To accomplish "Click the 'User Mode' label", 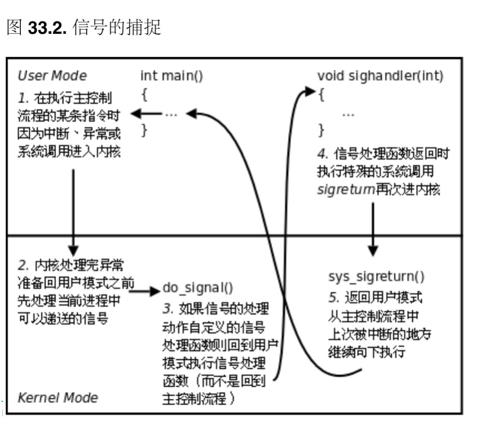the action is click(x=52, y=76).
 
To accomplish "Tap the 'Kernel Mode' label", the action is click(x=58, y=397).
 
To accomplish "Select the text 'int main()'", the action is click(x=171, y=76).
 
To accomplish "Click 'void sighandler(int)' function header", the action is click(x=380, y=76).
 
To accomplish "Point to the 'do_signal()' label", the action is click(x=198, y=288).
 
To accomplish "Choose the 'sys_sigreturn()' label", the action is click(x=376, y=276).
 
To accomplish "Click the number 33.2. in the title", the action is click(x=47, y=28).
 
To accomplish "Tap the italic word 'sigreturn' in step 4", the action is click(x=346, y=189).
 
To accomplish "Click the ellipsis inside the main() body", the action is click(x=171, y=115).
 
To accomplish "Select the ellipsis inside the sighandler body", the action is click(x=348, y=115).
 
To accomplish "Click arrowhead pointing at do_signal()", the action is click(x=155, y=290).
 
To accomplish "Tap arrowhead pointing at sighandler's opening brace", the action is click(x=310, y=91).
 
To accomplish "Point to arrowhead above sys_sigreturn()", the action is click(x=373, y=250).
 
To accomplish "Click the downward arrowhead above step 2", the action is click(x=73, y=250).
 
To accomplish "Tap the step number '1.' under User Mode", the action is click(x=23, y=98).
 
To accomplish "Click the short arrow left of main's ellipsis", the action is click(x=146, y=114).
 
